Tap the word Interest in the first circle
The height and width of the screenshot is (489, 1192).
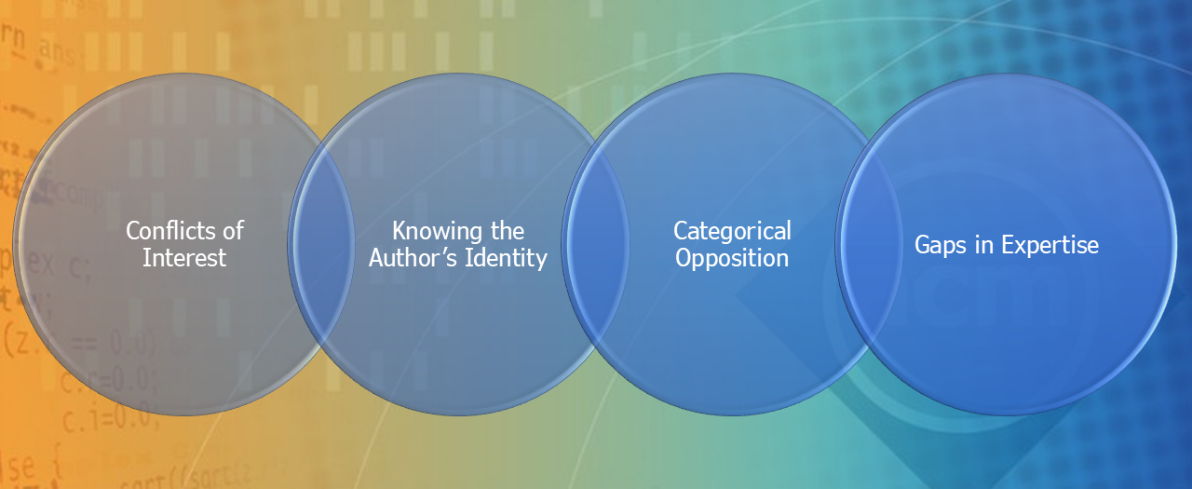click(184, 258)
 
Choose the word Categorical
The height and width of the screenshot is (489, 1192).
click(732, 230)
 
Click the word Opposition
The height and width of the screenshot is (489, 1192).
click(732, 258)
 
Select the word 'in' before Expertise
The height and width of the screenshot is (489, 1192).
click(979, 245)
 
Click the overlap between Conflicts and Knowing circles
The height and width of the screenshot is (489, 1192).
click(321, 245)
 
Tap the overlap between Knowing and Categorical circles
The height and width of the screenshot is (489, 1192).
click(596, 245)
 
